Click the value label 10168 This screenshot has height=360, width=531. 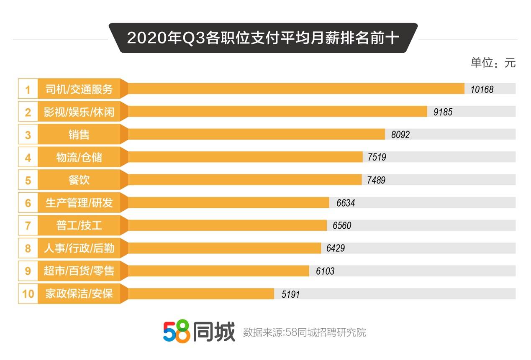[482, 89]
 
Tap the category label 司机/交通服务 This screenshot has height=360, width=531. [79, 89]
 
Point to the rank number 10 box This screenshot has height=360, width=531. [28, 294]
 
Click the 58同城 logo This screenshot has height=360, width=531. [199, 332]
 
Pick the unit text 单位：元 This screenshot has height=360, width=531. [493, 63]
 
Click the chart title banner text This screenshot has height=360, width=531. [263, 38]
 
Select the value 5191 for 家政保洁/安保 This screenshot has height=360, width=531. [290, 294]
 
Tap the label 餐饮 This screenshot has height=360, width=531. [79, 180]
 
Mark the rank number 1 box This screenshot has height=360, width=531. [28, 89]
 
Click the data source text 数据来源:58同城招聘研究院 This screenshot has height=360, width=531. [304, 332]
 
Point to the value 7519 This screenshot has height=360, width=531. [377, 157]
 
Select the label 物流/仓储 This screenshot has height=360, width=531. [79, 157]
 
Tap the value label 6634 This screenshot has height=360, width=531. [345, 203]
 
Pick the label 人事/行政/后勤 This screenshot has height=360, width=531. [79, 248]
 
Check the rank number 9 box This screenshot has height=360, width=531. [28, 271]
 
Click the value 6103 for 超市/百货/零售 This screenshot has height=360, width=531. [325, 271]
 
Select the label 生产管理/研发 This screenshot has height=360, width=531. [79, 203]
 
